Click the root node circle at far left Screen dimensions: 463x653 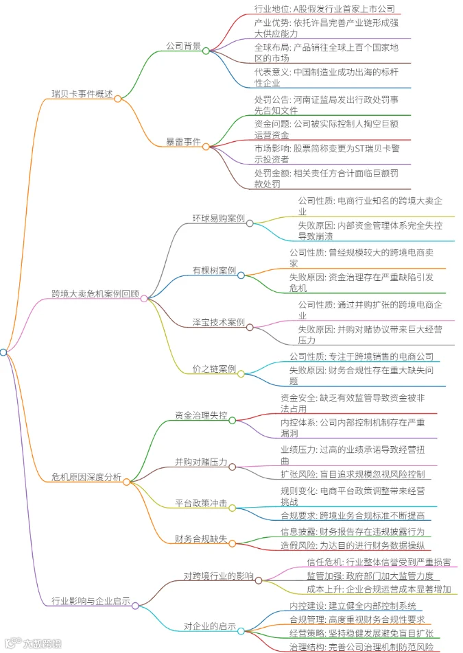pyautogui.click(x=3, y=352)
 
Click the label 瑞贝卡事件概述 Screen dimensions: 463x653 pyautogui.click(x=82, y=94)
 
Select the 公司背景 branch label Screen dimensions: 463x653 pyautogui.click(x=183, y=46)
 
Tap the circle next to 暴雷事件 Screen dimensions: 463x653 pyautogui.click(x=206, y=147)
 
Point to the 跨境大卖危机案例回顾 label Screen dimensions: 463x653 pyautogui.click(x=95, y=293)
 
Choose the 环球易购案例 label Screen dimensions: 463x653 pyautogui.click(x=218, y=218)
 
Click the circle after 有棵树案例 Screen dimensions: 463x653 pyautogui.click(x=241, y=275)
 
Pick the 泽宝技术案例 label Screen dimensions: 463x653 pyautogui.click(x=218, y=322)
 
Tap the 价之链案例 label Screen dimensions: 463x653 pyautogui.click(x=214, y=369)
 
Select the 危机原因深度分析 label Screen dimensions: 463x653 pyautogui.click(x=86, y=477)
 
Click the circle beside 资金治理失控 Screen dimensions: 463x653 pyautogui.click(x=232, y=420)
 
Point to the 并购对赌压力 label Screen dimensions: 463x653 pyautogui.click(x=201, y=462)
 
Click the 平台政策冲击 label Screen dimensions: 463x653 pyautogui.click(x=201, y=503)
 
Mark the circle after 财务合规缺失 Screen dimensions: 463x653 pyautogui.click(x=232, y=543)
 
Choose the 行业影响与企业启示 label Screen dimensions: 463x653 pyautogui.click(x=91, y=601)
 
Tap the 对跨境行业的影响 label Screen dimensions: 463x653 pyautogui.click(x=218, y=576)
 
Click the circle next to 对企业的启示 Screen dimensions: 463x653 pyautogui.click(x=241, y=631)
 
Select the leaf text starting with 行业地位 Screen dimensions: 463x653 pyautogui.click(x=324, y=9)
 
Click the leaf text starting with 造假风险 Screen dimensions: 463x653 pyautogui.click(x=353, y=545)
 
